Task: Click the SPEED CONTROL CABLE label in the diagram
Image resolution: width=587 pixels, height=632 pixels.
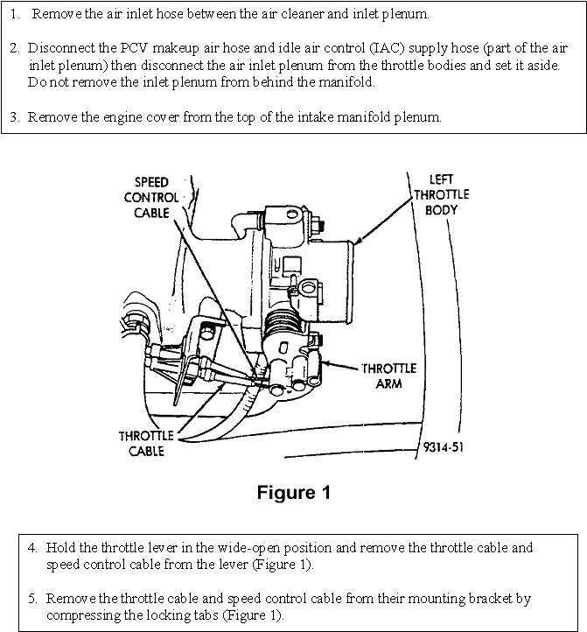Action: (x=157, y=197)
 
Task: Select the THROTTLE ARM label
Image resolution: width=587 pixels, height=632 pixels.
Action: (x=389, y=376)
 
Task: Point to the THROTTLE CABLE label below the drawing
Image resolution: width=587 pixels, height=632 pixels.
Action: (x=142, y=443)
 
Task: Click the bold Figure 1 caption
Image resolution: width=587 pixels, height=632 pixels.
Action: (x=294, y=493)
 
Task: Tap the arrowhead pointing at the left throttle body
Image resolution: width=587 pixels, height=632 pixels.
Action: (x=356, y=239)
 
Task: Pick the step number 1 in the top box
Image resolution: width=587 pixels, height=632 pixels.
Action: (x=15, y=15)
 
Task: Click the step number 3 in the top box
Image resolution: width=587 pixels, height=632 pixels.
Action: (x=15, y=116)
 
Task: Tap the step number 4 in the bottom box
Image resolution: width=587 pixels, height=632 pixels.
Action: (x=32, y=548)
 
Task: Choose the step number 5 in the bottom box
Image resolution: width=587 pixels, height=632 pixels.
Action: (x=32, y=599)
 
